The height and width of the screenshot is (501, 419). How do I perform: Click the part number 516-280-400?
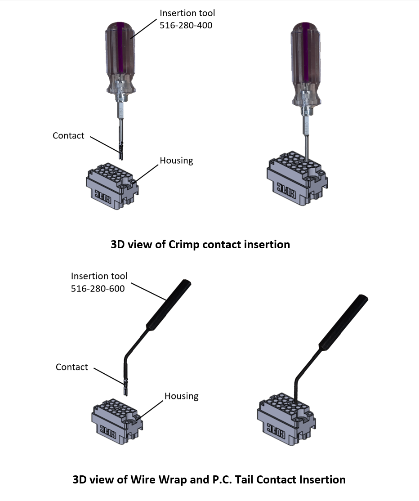tap(186, 26)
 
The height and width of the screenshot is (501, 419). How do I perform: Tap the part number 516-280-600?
tap(98, 289)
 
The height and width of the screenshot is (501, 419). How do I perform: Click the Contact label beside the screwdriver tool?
tap(68, 135)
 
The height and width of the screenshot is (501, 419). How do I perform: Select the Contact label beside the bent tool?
tap(72, 367)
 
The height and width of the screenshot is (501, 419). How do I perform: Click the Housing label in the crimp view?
tap(176, 161)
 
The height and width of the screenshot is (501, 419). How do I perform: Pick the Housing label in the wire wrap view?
tap(181, 396)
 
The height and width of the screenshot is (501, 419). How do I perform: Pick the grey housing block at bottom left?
tap(117, 420)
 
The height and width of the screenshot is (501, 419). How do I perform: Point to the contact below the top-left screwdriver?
tap(120, 151)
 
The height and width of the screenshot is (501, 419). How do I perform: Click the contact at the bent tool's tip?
tap(125, 387)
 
